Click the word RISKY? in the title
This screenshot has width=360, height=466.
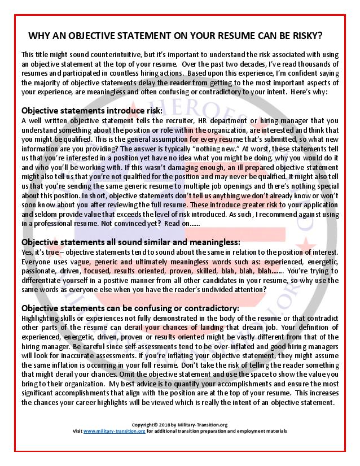pos(322,36)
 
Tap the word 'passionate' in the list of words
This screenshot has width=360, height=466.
pos(41,271)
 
